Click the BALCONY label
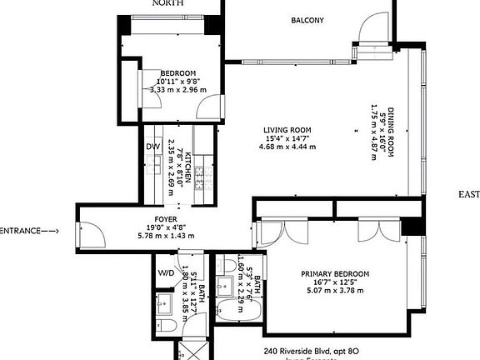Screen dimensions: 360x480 (x=307, y=21)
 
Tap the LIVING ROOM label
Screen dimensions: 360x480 (x=287, y=130)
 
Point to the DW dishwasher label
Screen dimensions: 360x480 (x=152, y=147)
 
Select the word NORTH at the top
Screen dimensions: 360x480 (x=167, y=3)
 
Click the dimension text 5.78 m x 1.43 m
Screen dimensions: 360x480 (x=166, y=236)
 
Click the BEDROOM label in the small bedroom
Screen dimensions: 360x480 (x=178, y=72)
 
